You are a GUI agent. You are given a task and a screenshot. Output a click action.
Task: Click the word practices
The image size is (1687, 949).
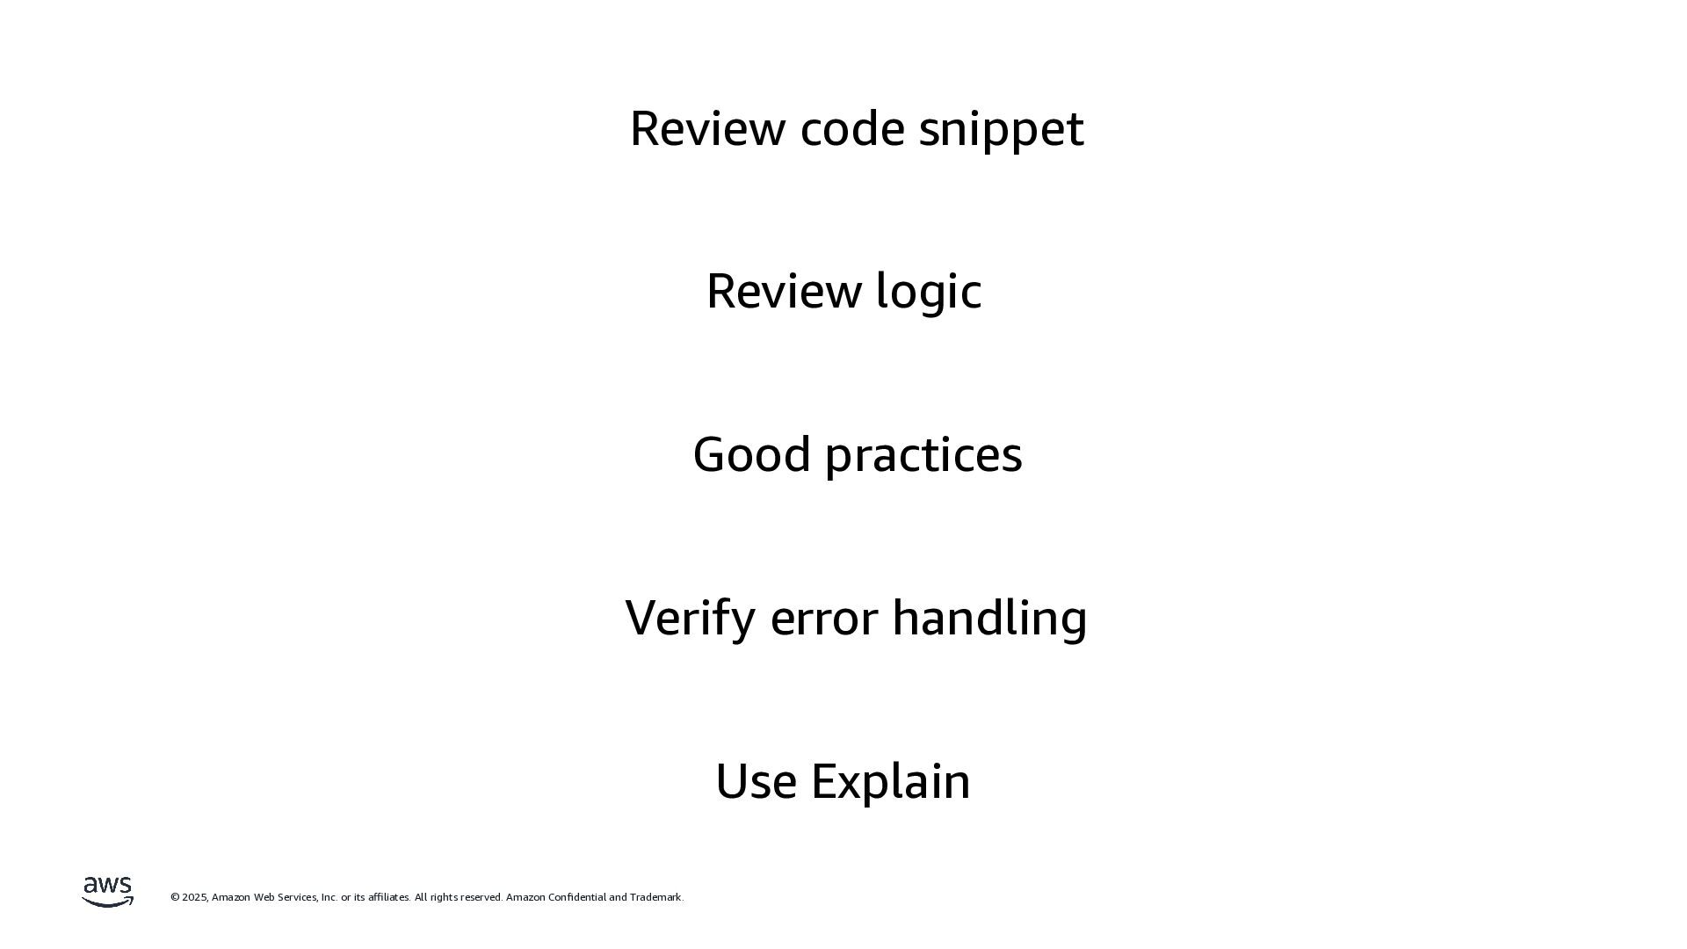[923, 455]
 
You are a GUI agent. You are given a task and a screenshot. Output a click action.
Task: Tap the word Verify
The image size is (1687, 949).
[690, 618]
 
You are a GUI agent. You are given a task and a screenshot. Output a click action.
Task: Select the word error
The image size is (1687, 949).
[823, 619]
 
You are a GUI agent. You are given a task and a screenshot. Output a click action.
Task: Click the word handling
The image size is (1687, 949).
[989, 618]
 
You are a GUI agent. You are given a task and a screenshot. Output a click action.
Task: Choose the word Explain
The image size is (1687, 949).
[890, 781]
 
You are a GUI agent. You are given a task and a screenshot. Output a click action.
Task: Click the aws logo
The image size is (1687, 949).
[107, 891]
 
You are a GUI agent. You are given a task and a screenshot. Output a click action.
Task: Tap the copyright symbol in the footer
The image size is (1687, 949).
[175, 897]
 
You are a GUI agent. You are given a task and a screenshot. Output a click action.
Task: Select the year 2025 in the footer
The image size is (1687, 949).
[195, 897]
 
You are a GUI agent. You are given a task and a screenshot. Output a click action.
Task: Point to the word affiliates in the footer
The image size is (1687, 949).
[388, 897]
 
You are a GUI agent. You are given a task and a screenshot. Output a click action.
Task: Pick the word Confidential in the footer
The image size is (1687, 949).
[576, 897]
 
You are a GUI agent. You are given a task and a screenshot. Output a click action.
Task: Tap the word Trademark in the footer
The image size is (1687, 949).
[655, 897]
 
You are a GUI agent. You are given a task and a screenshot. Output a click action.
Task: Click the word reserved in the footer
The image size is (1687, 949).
[481, 897]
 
